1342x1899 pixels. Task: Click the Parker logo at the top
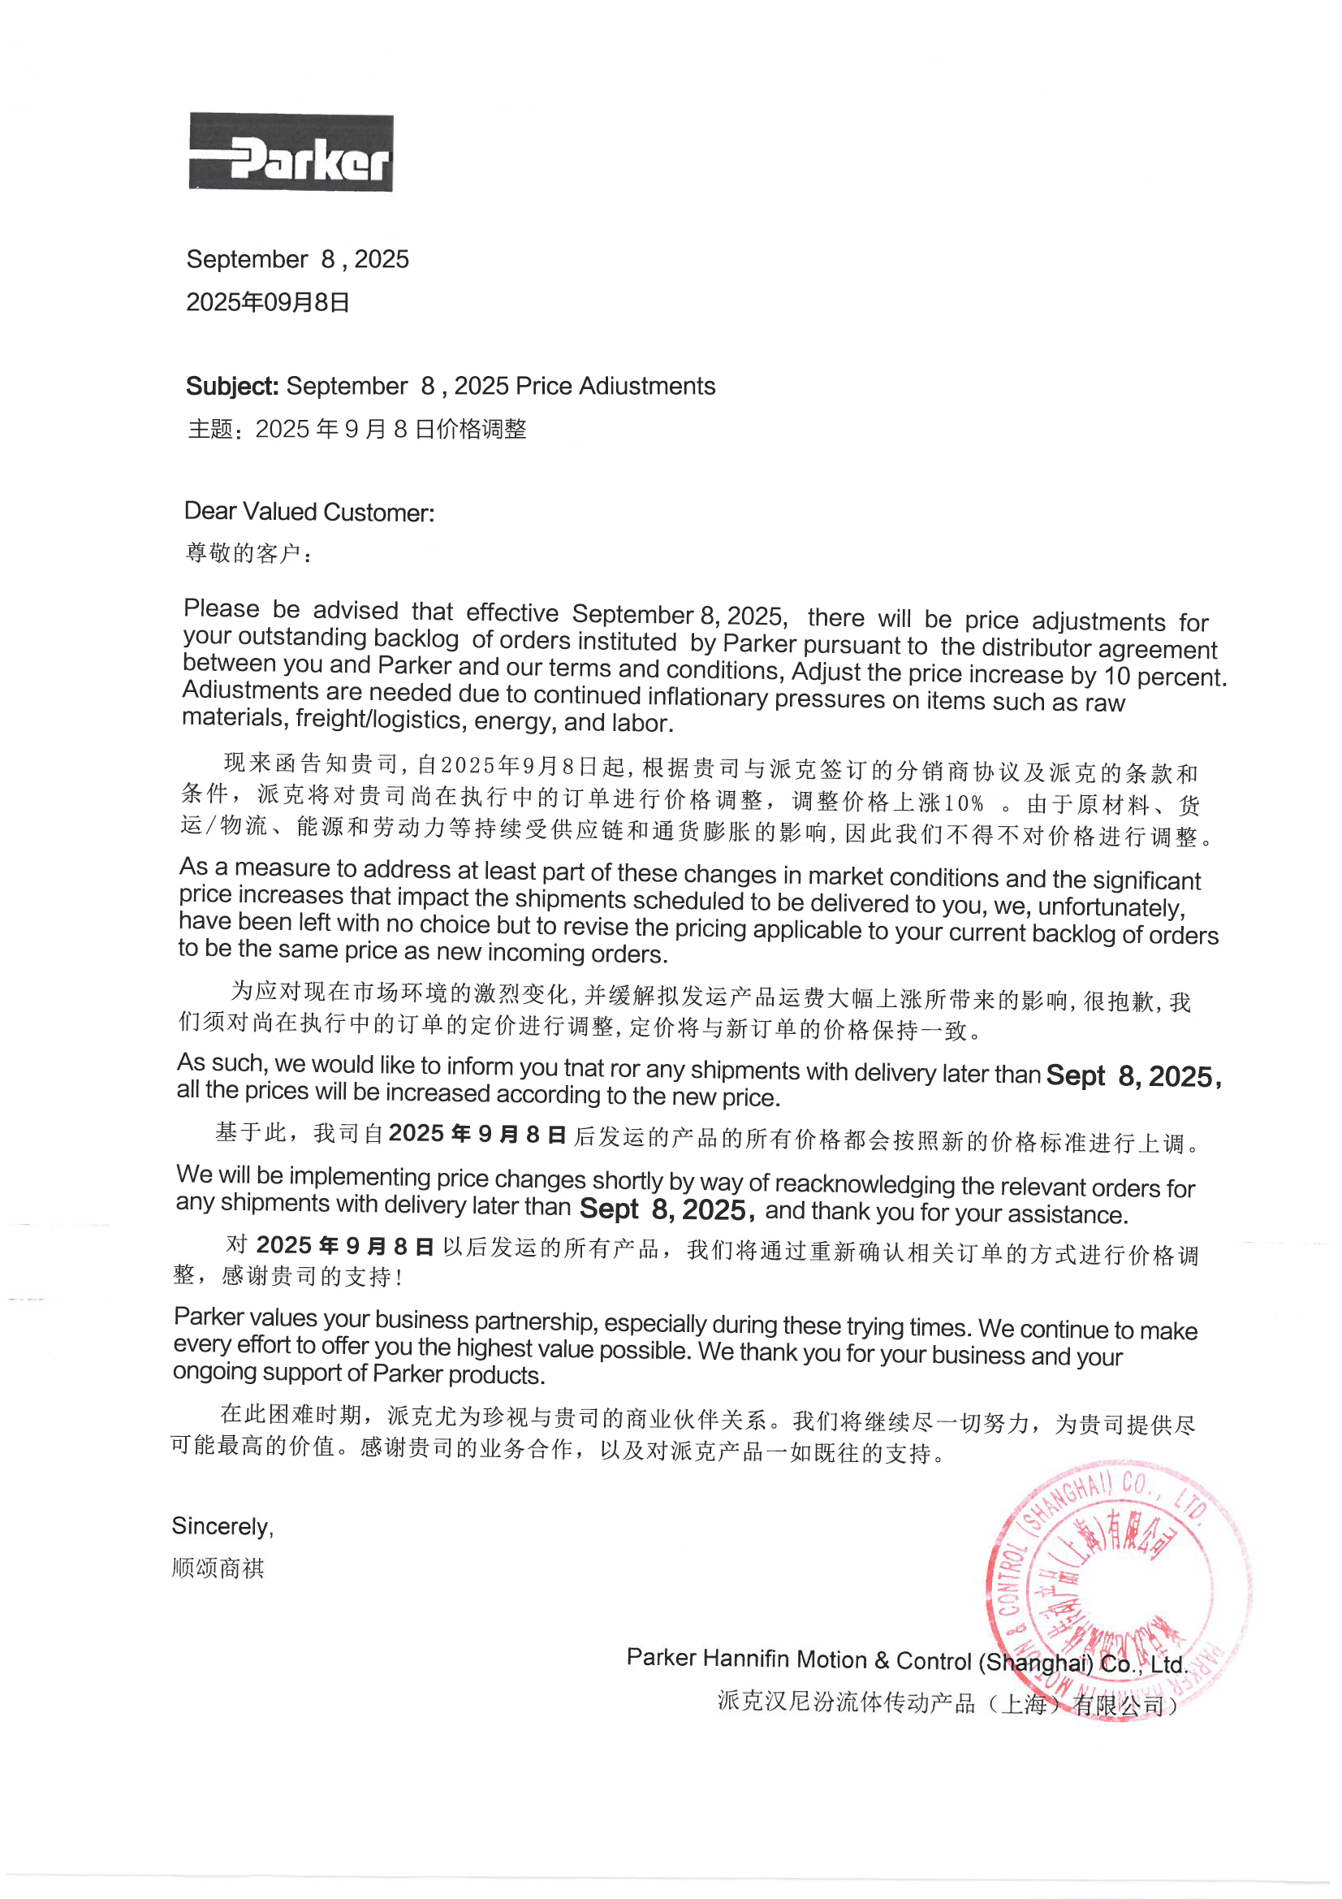[291, 153]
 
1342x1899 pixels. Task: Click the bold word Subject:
[232, 387]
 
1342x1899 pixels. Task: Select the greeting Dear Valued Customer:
[309, 512]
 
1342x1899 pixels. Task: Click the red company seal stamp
[1118, 1593]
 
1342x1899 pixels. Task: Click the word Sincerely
[222, 1526]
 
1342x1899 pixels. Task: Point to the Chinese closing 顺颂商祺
[218, 1568]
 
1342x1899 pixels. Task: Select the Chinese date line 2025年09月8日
[268, 303]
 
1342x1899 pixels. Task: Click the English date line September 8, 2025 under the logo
[298, 260]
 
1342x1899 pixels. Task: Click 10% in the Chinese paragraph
[964, 802]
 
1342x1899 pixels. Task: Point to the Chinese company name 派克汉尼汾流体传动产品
[845, 1702]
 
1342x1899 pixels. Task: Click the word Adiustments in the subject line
[647, 387]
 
